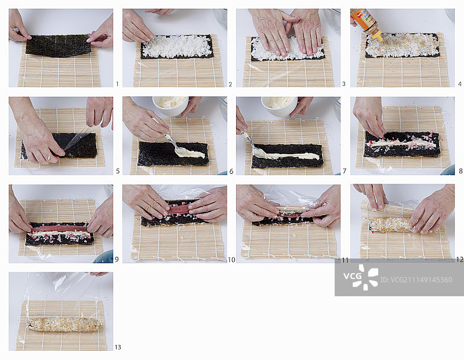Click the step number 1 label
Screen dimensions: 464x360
click(117, 84)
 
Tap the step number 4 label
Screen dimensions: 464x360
click(459, 84)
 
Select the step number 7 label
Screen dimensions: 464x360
click(345, 171)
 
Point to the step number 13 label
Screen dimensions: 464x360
click(118, 347)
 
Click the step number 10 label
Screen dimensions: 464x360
click(231, 260)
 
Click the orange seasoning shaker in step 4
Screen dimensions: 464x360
click(367, 24)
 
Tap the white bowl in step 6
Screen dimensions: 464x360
click(171, 106)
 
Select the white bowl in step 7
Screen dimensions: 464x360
click(279, 106)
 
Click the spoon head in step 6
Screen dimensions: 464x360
click(180, 151)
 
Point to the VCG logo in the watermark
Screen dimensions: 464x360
click(361, 277)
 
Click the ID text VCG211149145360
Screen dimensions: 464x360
click(416, 280)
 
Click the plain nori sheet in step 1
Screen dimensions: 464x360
click(59, 46)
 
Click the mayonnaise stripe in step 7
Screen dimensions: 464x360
click(285, 155)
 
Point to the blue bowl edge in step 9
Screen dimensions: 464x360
click(104, 257)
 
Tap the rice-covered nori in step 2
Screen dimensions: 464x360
click(177, 47)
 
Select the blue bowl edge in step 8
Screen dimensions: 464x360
click(448, 170)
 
